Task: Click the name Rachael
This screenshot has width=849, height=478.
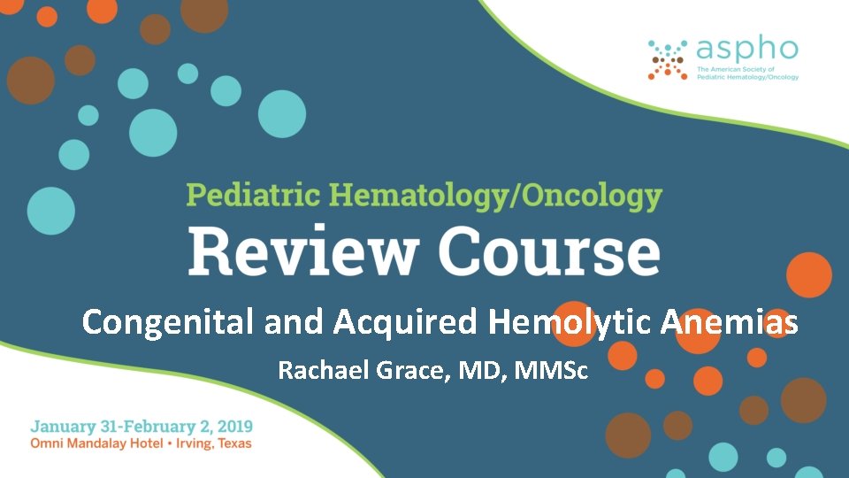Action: click(321, 370)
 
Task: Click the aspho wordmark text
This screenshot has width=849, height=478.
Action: click(747, 50)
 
